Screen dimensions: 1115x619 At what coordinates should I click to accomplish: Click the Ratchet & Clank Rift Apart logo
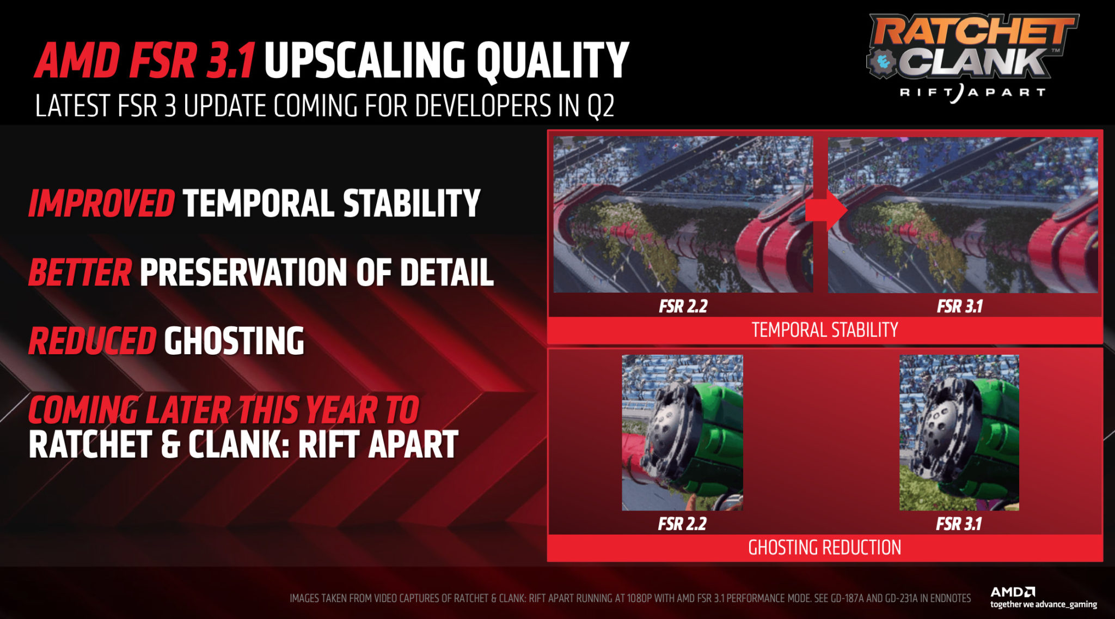click(972, 58)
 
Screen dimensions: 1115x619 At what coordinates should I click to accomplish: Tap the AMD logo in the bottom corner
click(1013, 592)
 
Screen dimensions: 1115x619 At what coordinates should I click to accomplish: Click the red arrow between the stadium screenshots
click(826, 210)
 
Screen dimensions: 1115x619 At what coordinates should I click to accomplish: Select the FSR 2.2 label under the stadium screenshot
click(683, 306)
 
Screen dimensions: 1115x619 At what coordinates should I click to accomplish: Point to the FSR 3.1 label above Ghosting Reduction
click(958, 524)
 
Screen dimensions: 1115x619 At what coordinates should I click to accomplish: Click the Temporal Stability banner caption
click(825, 330)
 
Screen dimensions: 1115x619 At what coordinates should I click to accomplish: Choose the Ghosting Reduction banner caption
click(825, 548)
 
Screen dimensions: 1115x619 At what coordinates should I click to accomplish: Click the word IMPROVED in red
click(102, 203)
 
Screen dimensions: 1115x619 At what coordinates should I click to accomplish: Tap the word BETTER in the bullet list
click(80, 272)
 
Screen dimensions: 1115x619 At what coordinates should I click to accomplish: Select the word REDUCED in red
click(93, 341)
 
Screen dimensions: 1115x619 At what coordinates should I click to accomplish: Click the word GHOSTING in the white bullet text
click(234, 341)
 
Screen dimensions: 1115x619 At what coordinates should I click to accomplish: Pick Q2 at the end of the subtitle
click(601, 106)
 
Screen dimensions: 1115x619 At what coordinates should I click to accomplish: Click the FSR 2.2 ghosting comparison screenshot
click(682, 433)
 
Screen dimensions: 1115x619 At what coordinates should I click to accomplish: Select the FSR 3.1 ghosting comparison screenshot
click(959, 433)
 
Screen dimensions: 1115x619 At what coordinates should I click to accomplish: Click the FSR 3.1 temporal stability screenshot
click(963, 215)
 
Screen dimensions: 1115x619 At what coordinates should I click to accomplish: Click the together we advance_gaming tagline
click(1044, 604)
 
